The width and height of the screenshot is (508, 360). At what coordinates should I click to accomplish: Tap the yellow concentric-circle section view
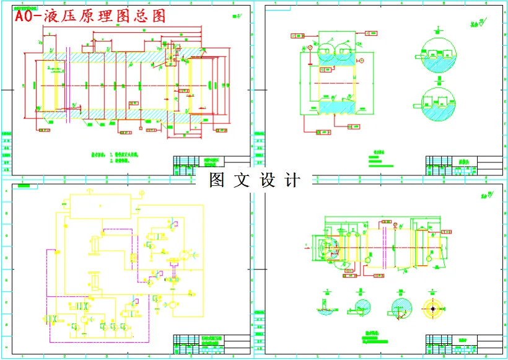[432, 308]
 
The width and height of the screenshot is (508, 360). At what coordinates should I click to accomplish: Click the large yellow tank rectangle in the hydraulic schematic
[100, 206]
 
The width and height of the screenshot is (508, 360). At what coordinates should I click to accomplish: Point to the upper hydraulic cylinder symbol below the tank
[95, 244]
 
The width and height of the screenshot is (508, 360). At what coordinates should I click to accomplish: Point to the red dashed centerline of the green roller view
[335, 82]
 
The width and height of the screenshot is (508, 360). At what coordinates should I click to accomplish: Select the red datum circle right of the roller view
[362, 61]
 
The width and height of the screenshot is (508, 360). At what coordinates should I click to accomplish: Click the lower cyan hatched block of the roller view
[336, 107]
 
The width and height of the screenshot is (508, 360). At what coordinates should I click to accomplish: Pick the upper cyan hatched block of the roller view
[336, 57]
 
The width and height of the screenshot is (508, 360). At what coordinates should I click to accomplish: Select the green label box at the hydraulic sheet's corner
[24, 185]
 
